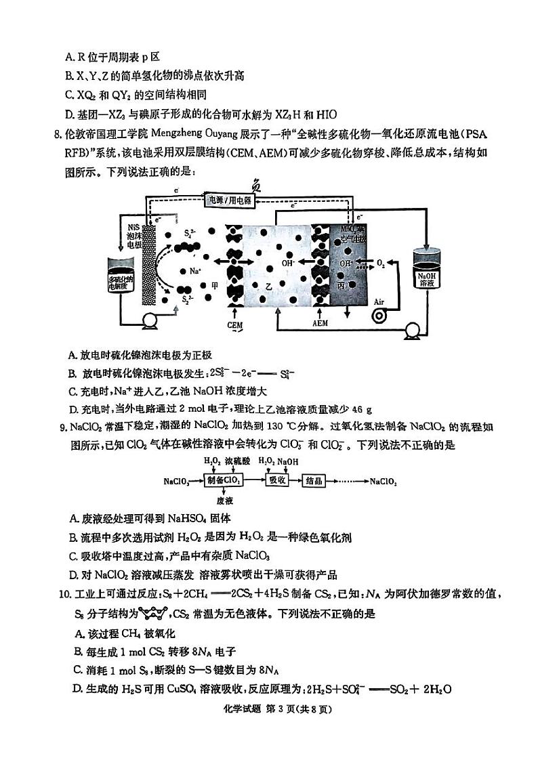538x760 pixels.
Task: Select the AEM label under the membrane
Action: pos(320,323)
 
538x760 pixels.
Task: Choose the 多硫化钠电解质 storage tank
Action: pos(123,277)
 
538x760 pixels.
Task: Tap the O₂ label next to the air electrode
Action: pos(381,262)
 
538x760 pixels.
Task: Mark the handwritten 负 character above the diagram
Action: pos(257,183)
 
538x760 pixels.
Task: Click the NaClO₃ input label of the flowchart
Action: pos(177,481)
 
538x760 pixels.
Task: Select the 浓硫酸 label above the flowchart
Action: pos(236,461)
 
